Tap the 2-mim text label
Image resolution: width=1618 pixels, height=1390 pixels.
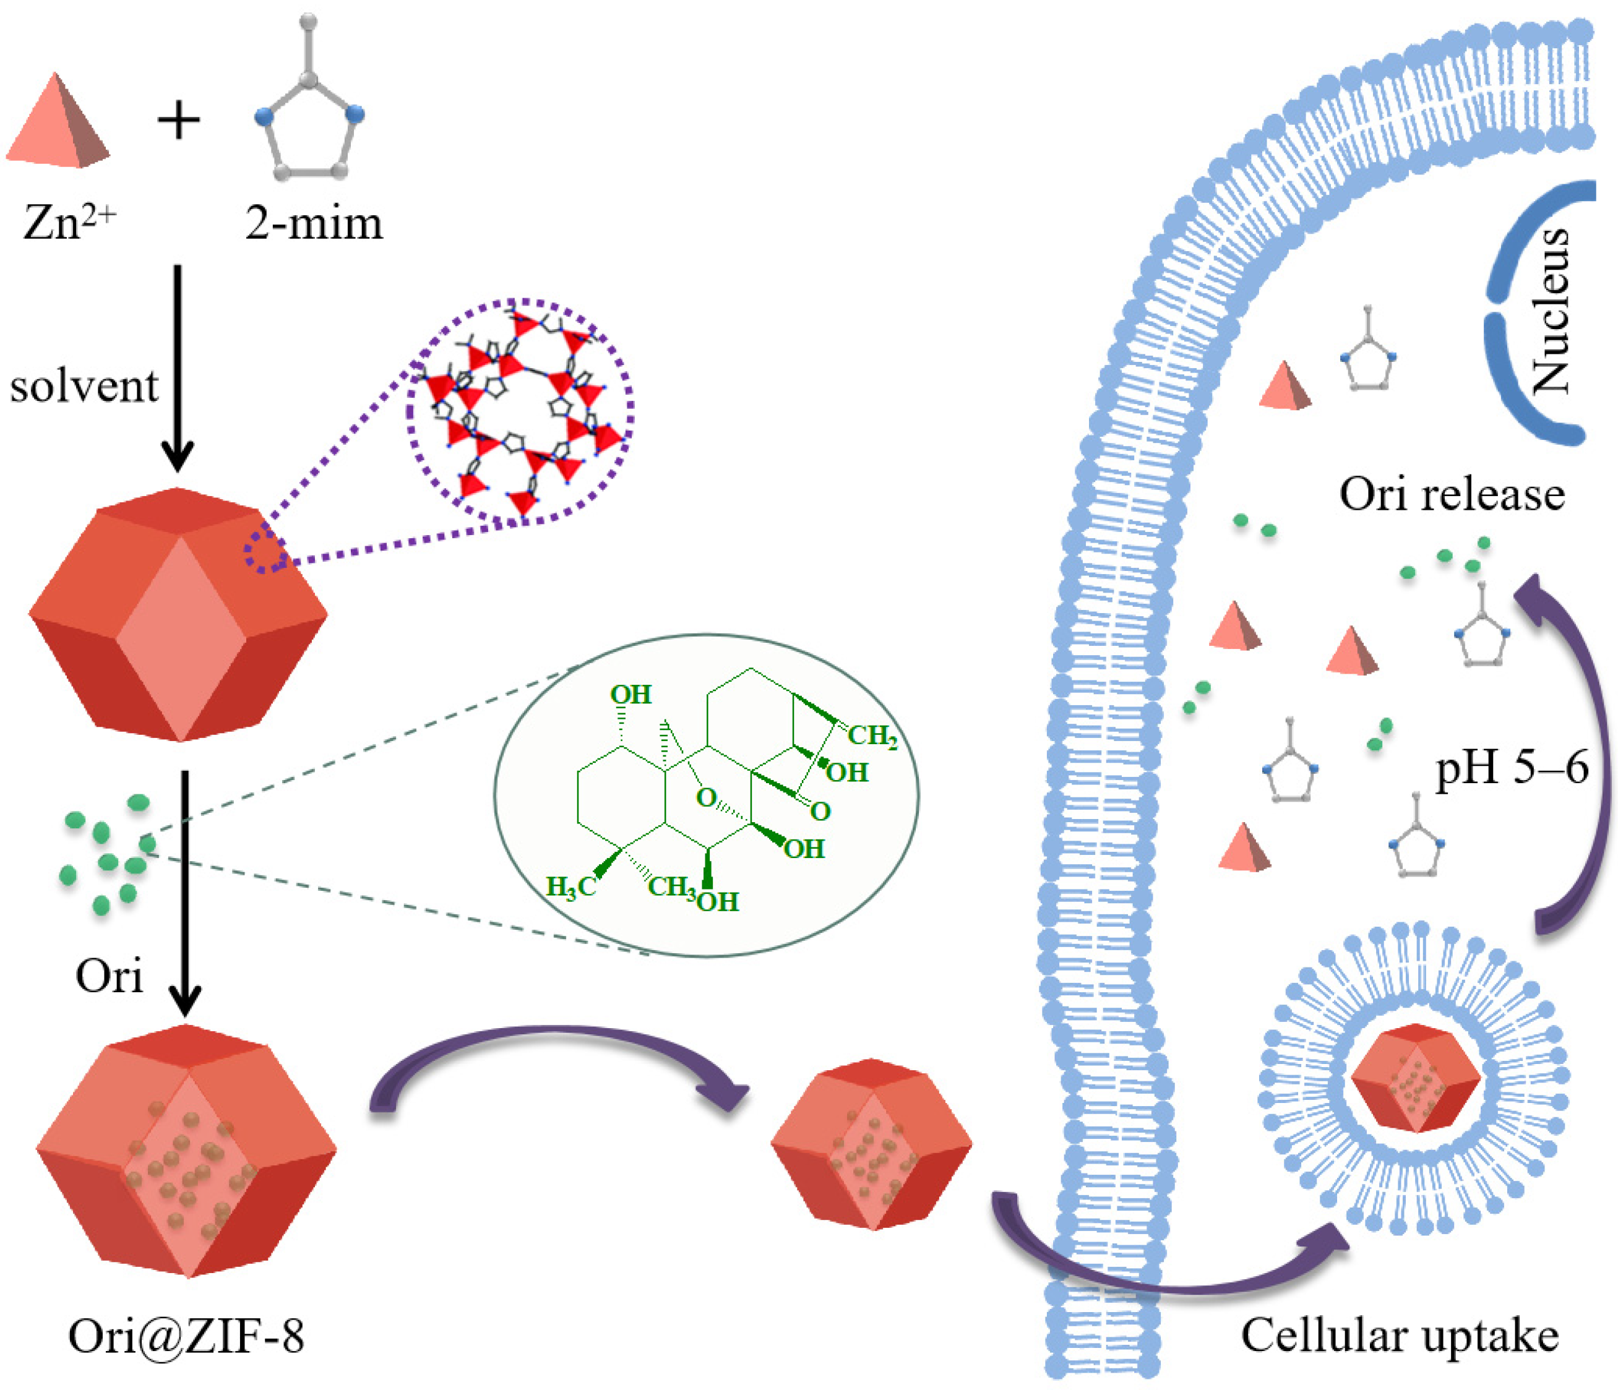pos(314,223)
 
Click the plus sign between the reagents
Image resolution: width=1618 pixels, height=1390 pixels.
pos(179,121)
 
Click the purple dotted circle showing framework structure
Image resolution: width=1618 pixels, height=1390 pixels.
pos(519,410)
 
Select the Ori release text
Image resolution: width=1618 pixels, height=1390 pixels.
pos(1452,495)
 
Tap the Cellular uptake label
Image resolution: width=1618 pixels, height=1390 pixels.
pos(1400,1336)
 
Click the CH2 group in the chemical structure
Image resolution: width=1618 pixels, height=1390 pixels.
pos(872,735)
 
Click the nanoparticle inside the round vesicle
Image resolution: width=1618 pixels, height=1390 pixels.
pos(1415,1078)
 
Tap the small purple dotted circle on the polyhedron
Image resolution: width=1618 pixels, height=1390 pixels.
pos(265,551)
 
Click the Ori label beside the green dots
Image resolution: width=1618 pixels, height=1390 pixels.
pos(110,976)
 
